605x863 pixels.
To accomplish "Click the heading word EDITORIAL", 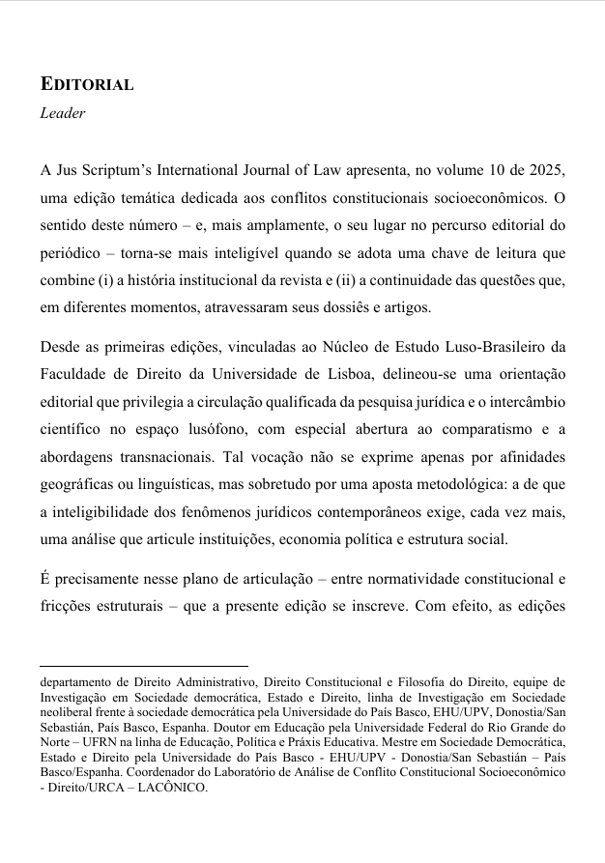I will pos(87,84).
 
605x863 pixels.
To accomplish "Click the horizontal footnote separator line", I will pos(144,666).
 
